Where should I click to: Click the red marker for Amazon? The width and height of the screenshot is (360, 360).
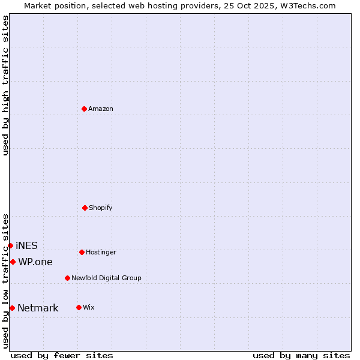pyautogui.click(x=84, y=109)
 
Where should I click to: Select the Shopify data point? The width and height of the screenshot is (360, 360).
pyautogui.click(x=85, y=208)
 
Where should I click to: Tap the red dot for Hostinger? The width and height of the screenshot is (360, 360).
pyautogui.click(x=82, y=252)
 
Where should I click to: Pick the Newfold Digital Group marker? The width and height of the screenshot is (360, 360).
pyautogui.click(x=67, y=278)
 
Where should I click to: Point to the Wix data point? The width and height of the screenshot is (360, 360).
pyautogui.click(x=79, y=307)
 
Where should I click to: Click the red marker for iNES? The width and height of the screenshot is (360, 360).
pyautogui.click(x=10, y=245)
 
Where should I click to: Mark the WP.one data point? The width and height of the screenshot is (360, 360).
pyautogui.click(x=13, y=262)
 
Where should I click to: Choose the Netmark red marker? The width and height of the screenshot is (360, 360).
pyautogui.click(x=12, y=308)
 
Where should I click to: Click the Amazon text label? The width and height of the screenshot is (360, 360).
pyautogui.click(x=101, y=109)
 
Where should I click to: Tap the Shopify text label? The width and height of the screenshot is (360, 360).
pyautogui.click(x=101, y=208)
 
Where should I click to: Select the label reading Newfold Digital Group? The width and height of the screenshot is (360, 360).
pyautogui.click(x=106, y=278)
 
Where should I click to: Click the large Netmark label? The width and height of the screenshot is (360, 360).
pyautogui.click(x=38, y=308)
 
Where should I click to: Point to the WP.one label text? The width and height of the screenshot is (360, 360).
pyautogui.click(x=35, y=262)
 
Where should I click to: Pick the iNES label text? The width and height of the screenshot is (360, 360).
pyautogui.click(x=26, y=245)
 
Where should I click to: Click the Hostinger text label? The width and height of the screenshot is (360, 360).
pyautogui.click(x=101, y=252)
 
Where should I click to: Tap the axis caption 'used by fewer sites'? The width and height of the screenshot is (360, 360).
pyautogui.click(x=62, y=355)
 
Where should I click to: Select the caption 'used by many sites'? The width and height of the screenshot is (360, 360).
pyautogui.click(x=301, y=355)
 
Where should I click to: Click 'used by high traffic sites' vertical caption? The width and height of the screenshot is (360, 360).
pyautogui.click(x=5, y=85)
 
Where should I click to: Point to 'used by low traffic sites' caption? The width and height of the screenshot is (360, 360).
pyautogui.click(x=5, y=281)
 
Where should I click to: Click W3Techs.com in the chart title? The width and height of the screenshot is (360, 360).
pyautogui.click(x=307, y=5)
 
